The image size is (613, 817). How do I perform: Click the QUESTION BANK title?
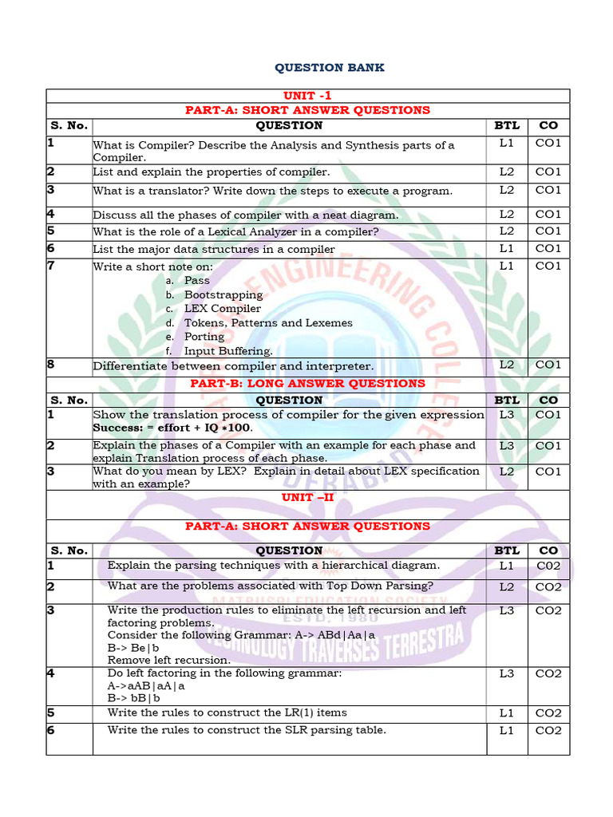[x=329, y=68]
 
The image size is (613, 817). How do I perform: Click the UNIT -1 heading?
[x=307, y=96]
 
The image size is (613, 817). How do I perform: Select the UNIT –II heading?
[x=307, y=497]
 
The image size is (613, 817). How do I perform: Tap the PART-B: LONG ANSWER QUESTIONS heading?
[x=307, y=383]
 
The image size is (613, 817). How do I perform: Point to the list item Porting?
[x=204, y=337]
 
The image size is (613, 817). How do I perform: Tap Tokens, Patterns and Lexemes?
[x=268, y=323]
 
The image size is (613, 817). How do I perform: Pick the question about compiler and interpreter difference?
[x=233, y=366]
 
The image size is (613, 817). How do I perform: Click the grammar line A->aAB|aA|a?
[x=146, y=685]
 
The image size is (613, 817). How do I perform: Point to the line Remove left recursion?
[x=168, y=660]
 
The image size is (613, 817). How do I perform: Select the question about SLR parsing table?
[x=247, y=730]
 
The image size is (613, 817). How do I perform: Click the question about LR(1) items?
[x=227, y=712]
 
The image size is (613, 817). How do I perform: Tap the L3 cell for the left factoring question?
[x=507, y=673]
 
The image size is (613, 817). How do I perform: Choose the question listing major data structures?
[x=214, y=249]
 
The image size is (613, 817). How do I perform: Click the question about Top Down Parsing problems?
[x=271, y=586]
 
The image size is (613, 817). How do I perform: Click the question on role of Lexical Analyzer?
[x=235, y=232]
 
